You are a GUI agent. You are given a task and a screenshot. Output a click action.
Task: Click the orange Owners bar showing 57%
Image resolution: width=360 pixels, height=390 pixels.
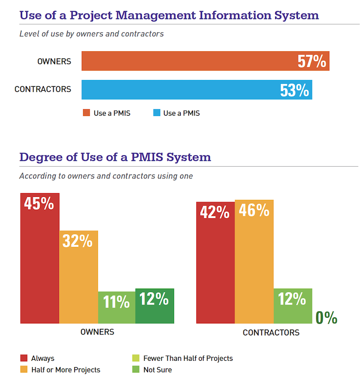(x=205, y=61)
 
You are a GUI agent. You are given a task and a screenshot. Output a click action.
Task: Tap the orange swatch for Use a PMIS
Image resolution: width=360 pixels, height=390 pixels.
(x=86, y=113)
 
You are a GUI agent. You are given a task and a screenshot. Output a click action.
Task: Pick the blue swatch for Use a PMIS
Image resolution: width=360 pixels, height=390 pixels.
(x=156, y=113)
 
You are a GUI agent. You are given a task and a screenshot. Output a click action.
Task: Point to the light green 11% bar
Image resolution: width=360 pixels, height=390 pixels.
(x=116, y=307)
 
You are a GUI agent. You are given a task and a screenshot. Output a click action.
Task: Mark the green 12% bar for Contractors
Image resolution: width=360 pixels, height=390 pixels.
(x=293, y=306)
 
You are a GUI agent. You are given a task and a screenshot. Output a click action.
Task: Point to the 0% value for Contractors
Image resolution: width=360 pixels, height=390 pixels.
(x=326, y=317)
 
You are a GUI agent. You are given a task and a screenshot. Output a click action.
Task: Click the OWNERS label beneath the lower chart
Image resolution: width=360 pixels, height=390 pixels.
(x=97, y=332)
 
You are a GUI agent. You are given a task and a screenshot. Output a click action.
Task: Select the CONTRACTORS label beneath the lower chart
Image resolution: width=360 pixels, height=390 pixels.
(x=271, y=332)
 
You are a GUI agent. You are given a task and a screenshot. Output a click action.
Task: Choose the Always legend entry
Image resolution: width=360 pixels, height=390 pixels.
(x=42, y=358)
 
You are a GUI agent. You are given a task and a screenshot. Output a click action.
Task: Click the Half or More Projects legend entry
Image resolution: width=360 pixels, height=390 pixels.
(x=65, y=370)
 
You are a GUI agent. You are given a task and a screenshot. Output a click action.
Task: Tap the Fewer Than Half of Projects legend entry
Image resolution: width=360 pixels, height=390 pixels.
(x=188, y=358)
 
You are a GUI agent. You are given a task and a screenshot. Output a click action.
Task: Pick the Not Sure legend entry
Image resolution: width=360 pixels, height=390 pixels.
(x=157, y=370)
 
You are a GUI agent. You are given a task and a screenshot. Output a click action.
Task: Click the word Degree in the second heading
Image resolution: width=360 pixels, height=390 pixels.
(x=39, y=157)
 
